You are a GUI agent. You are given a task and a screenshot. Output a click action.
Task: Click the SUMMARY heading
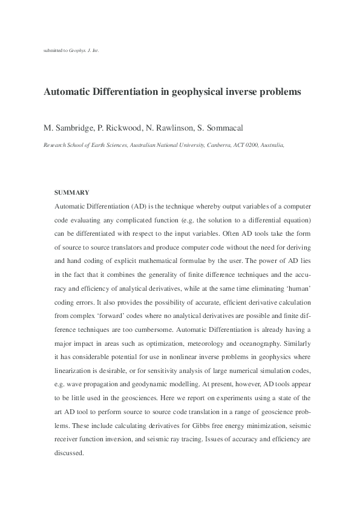(x=71, y=192)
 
